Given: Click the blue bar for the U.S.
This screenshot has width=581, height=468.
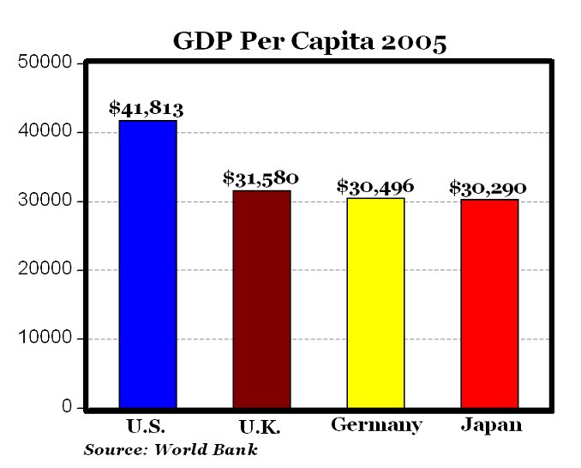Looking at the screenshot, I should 147,264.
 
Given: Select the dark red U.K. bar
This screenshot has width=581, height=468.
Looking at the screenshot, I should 261,299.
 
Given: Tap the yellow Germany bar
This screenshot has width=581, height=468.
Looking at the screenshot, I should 375,303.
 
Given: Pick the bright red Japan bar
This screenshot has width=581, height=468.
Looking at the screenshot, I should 489,303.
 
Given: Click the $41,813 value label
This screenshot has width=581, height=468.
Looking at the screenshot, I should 147,109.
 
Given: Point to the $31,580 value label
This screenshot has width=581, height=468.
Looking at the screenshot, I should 261,178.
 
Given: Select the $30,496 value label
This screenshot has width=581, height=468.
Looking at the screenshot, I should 375,186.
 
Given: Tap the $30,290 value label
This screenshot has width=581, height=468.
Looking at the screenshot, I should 488,187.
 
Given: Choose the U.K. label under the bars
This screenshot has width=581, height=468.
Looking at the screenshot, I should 261,426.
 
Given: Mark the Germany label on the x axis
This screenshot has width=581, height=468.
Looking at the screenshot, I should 376,426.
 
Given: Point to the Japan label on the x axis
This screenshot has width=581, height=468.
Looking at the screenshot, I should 489,425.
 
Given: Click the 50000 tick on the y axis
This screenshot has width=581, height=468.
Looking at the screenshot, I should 45,63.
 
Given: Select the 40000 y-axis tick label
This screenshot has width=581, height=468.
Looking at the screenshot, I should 45,132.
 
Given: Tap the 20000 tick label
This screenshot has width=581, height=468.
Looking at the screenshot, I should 45,270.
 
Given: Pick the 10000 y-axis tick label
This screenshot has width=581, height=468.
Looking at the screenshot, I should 45,339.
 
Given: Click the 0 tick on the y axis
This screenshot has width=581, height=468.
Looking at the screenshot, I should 66,407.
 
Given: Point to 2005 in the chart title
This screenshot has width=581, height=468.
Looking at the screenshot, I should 415,41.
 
